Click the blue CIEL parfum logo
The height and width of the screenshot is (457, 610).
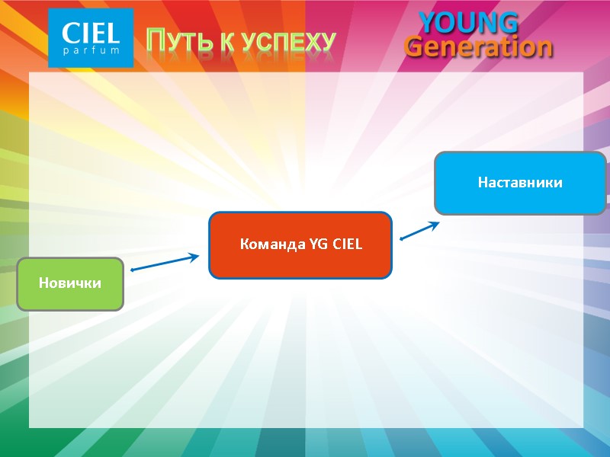[91, 37]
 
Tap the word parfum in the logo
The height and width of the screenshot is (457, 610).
[91, 51]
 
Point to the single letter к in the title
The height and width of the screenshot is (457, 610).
[226, 43]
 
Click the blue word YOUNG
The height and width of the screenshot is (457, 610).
[469, 22]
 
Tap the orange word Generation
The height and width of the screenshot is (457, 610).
[478, 47]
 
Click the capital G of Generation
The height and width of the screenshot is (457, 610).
[416, 46]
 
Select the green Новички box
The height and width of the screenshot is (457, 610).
[70, 283]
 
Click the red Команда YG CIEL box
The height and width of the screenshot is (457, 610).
[300, 244]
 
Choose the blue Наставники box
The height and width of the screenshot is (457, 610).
[520, 183]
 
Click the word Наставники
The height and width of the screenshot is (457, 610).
[520, 183]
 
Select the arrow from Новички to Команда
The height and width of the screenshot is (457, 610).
[165, 263]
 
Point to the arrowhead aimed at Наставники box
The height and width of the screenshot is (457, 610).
[435, 224]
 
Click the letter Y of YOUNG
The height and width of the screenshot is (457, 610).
[429, 22]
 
